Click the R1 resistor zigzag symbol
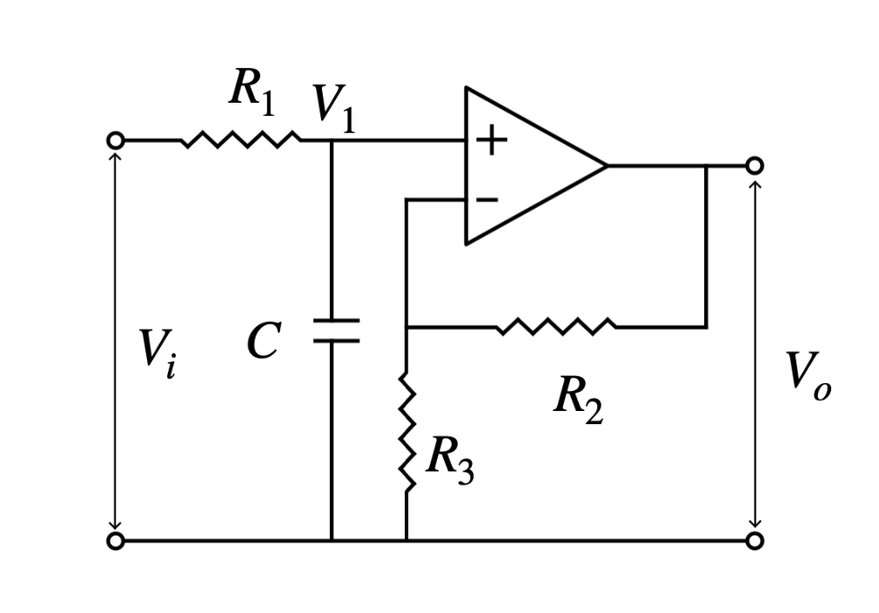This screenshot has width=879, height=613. (241, 140)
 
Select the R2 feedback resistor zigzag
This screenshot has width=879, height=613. (556, 327)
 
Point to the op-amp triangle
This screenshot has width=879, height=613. (522, 165)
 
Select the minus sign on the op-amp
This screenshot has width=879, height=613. (487, 199)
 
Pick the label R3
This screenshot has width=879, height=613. (449, 460)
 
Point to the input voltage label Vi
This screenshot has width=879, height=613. (159, 353)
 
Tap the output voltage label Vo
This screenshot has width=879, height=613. (808, 374)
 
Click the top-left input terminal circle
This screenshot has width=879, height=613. (115, 140)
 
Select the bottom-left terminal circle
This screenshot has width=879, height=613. (115, 541)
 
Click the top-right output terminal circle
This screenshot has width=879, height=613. (755, 165)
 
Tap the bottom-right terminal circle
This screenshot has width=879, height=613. (755, 541)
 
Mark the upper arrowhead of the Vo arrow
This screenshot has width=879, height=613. (755, 185)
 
